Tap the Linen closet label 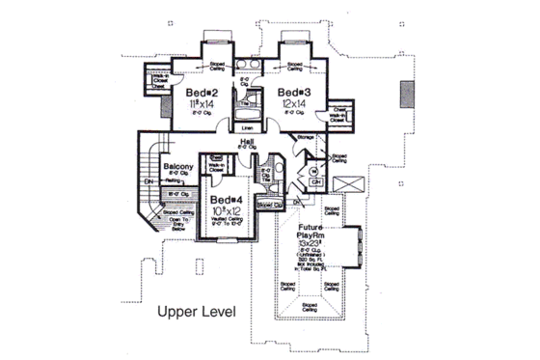pyautogui.click(x=247, y=126)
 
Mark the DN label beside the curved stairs pyautogui.click(x=148, y=180)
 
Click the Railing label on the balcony pyautogui.click(x=176, y=194)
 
